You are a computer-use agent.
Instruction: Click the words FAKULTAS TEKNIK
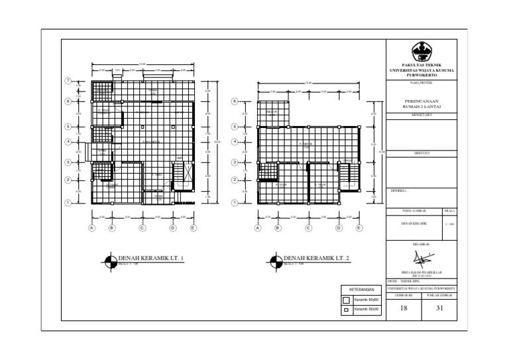pos(422,64)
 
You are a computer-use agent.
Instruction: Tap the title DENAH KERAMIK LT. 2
pos(316,257)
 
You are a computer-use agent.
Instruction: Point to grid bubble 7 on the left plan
pos(68,81)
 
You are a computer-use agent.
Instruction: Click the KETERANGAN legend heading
pos(362,290)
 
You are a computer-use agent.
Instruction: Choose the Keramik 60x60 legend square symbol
pos(346,300)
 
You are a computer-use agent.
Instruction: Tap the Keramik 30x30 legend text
pos(367,310)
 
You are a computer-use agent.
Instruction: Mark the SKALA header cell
pos(450,210)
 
